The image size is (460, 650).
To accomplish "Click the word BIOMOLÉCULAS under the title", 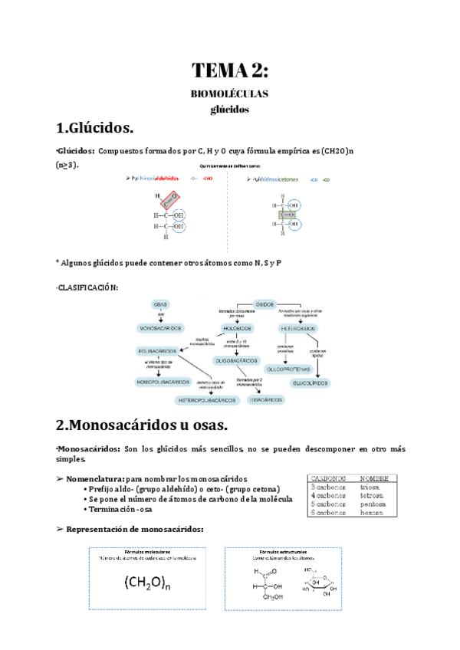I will coord(230,94).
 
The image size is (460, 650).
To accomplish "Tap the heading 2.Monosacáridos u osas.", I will coord(142,424).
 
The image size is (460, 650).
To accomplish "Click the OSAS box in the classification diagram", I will coord(160,304).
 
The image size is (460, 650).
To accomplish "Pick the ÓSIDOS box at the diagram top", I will coord(264,304).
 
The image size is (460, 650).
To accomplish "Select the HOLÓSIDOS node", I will coord(237,328).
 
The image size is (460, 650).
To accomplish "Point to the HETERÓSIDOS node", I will coord(299,328).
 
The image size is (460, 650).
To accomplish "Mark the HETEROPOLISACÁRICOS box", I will coord(205,400).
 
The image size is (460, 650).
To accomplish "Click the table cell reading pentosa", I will coord(374,504).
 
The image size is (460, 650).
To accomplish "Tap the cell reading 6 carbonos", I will coord(328,514).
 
